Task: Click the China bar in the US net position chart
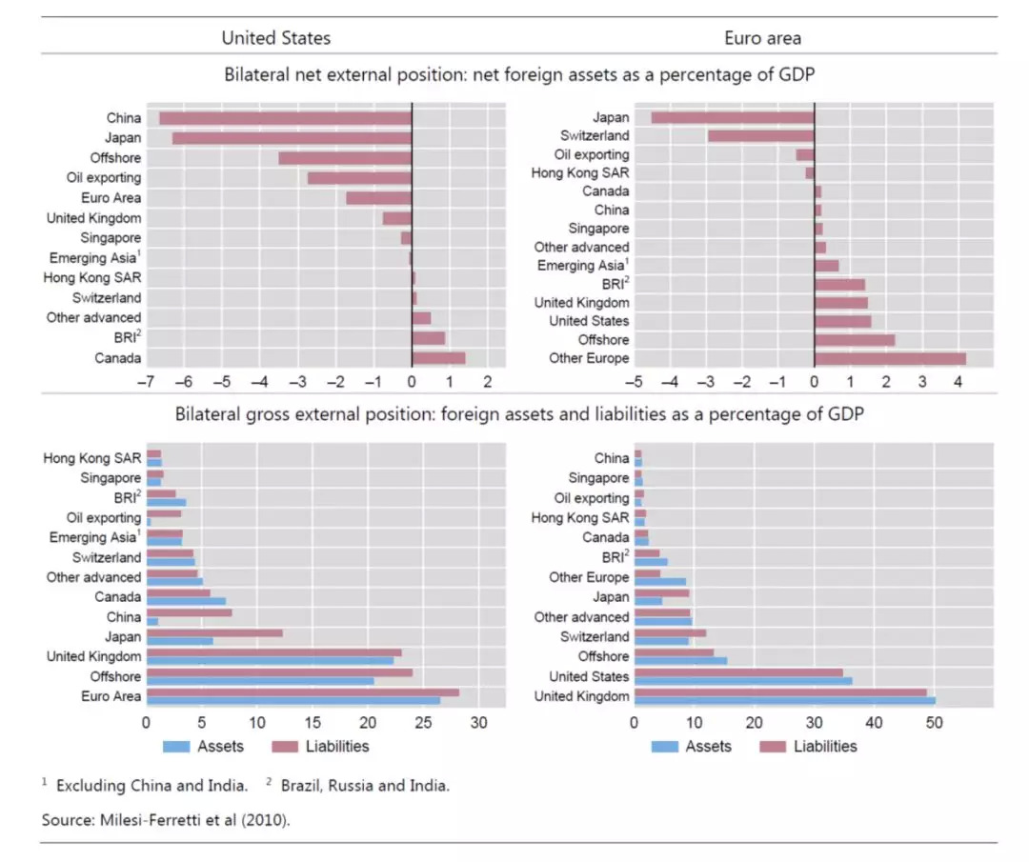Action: (x=285, y=118)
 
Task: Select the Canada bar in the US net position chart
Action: (x=438, y=358)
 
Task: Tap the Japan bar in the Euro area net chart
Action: (x=732, y=117)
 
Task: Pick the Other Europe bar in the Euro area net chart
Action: (x=890, y=358)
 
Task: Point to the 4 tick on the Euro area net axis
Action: (x=958, y=382)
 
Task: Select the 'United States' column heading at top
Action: (x=276, y=38)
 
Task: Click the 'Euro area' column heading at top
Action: (x=763, y=38)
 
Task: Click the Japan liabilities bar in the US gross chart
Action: (x=214, y=632)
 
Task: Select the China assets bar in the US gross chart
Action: (x=152, y=621)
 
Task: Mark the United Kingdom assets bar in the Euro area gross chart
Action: (x=784, y=701)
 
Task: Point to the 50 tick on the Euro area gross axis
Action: (x=935, y=723)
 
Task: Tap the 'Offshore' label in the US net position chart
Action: (x=115, y=158)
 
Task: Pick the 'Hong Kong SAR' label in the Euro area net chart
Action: (x=580, y=173)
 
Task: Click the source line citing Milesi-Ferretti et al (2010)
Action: (x=165, y=819)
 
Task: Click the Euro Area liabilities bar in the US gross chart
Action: (x=302, y=692)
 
